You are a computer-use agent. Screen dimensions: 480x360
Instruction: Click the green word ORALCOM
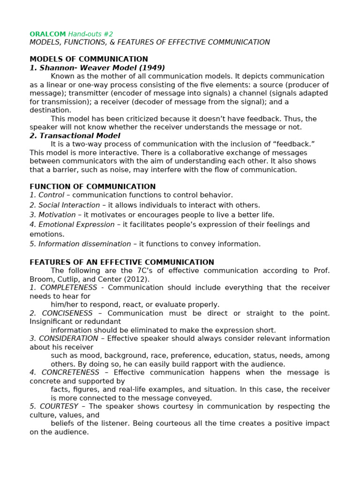click(48, 34)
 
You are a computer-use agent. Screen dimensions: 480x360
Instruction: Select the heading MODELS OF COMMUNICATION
click(89, 59)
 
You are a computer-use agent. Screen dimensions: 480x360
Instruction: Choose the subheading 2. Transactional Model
click(75, 136)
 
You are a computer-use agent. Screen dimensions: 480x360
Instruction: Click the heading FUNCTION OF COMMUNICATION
click(92, 187)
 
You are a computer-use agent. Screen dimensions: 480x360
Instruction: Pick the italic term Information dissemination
click(84, 244)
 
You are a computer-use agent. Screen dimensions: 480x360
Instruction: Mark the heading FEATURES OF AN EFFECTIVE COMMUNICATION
click(122, 262)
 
